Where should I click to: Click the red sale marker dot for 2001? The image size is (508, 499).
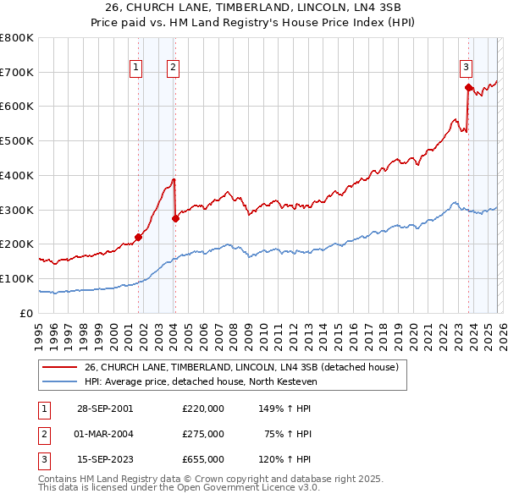[x=139, y=237]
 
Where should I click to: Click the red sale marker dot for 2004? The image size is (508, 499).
[x=175, y=218]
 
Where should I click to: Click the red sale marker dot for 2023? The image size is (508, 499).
[x=468, y=86]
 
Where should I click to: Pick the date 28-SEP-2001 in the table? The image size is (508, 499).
[x=105, y=408]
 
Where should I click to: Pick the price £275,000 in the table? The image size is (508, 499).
[x=203, y=434]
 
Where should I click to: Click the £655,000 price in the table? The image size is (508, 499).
[x=203, y=460]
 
